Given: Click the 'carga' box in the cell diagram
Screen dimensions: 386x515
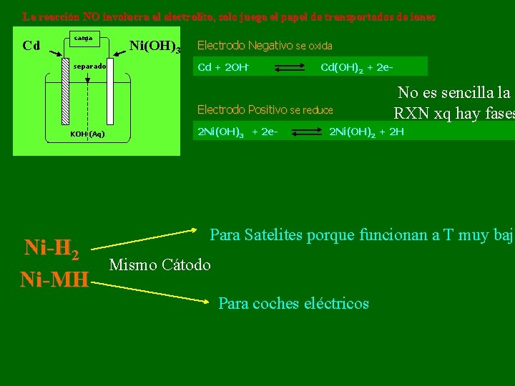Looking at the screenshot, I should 84,39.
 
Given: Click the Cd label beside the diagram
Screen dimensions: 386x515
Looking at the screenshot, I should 31,46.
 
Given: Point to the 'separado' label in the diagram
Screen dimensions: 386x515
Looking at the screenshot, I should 89,66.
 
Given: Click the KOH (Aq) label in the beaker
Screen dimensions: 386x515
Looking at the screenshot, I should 87,134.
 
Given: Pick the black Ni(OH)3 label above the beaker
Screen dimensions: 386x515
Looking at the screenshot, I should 154,48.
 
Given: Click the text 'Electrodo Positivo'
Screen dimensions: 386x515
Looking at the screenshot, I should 242,109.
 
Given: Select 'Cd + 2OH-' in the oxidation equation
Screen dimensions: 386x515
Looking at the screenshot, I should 222,68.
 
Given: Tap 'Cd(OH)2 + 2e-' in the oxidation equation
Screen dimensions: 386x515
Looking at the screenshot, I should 356,68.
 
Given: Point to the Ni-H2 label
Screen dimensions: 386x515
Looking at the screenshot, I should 51,247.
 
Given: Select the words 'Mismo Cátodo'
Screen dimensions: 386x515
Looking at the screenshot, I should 160,265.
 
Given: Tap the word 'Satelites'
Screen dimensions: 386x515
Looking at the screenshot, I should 274,234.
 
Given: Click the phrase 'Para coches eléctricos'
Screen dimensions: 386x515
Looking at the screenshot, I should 293,303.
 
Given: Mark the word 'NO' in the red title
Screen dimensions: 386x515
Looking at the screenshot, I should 92,16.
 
